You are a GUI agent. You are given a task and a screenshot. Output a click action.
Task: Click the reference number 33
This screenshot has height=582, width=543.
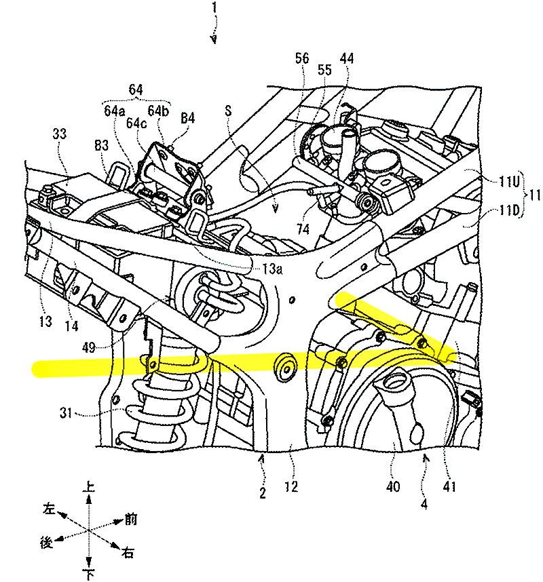tap(60, 134)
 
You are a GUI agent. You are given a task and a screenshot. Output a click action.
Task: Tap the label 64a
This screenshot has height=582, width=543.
tap(115, 111)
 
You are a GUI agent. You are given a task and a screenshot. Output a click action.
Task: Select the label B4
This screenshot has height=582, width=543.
tap(187, 118)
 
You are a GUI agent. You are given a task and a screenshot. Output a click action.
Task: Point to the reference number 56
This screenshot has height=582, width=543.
tap(302, 58)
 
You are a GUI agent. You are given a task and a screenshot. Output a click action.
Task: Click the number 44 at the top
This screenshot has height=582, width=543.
tap(347, 58)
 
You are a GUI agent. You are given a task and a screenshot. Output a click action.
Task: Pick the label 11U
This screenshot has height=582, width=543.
tap(509, 182)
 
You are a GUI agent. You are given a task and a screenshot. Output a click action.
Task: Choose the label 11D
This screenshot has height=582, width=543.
tap(509, 211)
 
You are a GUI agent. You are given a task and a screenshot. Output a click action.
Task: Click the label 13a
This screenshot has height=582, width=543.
tap(272, 269)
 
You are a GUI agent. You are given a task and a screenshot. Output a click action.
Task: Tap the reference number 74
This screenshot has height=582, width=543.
tap(303, 230)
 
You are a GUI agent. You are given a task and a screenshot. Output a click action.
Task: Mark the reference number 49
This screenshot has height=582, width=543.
tap(89, 348)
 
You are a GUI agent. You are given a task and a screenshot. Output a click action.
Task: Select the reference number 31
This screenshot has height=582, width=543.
tap(66, 412)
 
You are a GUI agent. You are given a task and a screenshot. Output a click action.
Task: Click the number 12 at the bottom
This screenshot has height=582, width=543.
tap(292, 486)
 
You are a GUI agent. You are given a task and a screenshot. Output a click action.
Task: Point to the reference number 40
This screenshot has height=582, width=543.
tap(393, 486)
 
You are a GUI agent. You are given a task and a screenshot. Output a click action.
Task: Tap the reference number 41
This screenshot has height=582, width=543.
tap(449, 486)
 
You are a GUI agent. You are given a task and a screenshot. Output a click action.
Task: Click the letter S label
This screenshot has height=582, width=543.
tap(228, 111)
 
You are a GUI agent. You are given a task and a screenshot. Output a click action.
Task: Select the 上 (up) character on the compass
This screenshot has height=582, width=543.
tap(88, 487)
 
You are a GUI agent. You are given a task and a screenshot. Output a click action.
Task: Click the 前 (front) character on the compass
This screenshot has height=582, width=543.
tap(130, 519)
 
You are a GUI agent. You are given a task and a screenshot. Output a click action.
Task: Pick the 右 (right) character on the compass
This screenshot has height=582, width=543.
tap(128, 553)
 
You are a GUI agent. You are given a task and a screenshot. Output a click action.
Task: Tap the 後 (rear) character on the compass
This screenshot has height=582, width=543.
tap(47, 543)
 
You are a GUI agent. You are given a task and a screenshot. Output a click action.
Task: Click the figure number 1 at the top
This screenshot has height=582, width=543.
tap(214, 8)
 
